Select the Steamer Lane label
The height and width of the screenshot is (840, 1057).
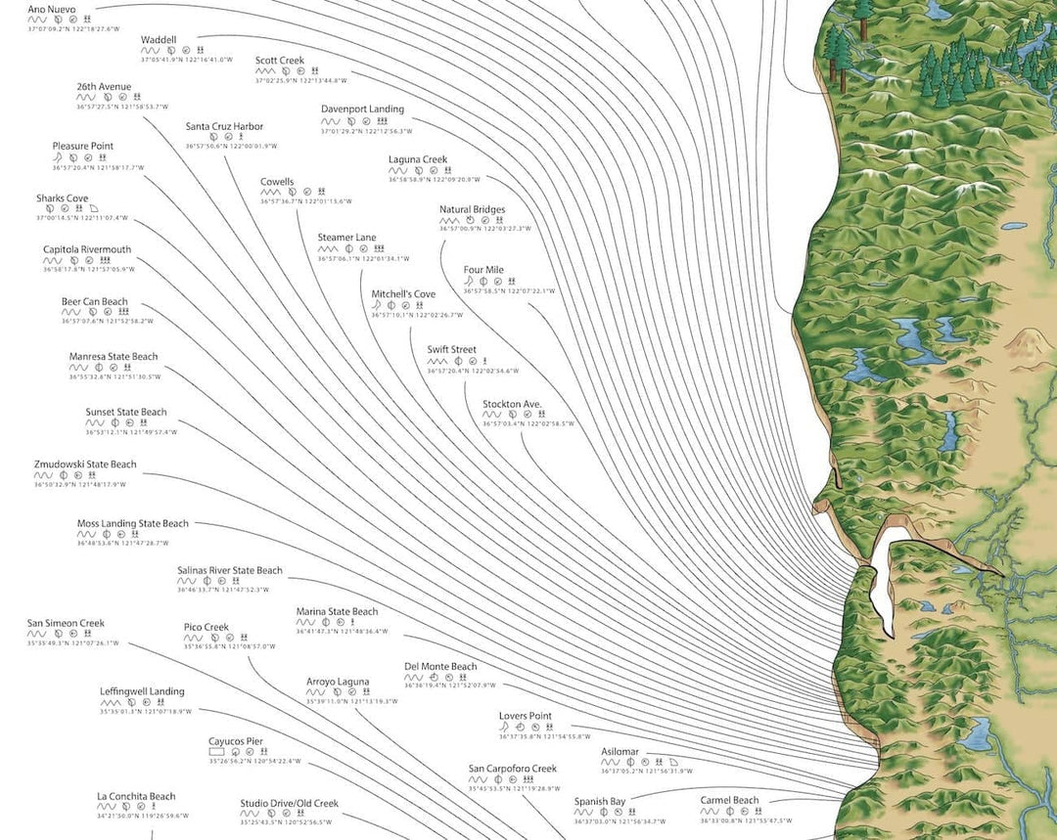click(x=346, y=238)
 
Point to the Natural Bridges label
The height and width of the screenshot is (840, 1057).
click(x=472, y=209)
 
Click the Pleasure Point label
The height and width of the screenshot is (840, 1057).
click(x=82, y=147)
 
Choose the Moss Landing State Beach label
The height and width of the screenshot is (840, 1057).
click(x=132, y=524)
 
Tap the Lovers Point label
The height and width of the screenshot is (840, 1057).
click(x=526, y=716)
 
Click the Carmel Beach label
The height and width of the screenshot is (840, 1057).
click(x=729, y=801)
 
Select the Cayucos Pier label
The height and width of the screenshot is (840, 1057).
click(x=236, y=741)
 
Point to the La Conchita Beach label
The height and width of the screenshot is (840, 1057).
click(x=136, y=797)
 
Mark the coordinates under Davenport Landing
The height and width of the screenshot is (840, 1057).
click(x=367, y=131)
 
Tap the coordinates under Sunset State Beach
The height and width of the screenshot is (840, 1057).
click(x=131, y=432)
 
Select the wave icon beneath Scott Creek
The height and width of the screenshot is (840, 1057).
click(x=265, y=71)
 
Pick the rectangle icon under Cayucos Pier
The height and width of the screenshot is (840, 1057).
click(x=217, y=752)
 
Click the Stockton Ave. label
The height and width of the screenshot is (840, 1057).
click(x=512, y=404)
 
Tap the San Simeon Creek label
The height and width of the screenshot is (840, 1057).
click(x=66, y=624)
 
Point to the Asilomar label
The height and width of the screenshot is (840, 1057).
click(x=620, y=752)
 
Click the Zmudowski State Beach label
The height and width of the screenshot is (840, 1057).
click(x=85, y=464)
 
